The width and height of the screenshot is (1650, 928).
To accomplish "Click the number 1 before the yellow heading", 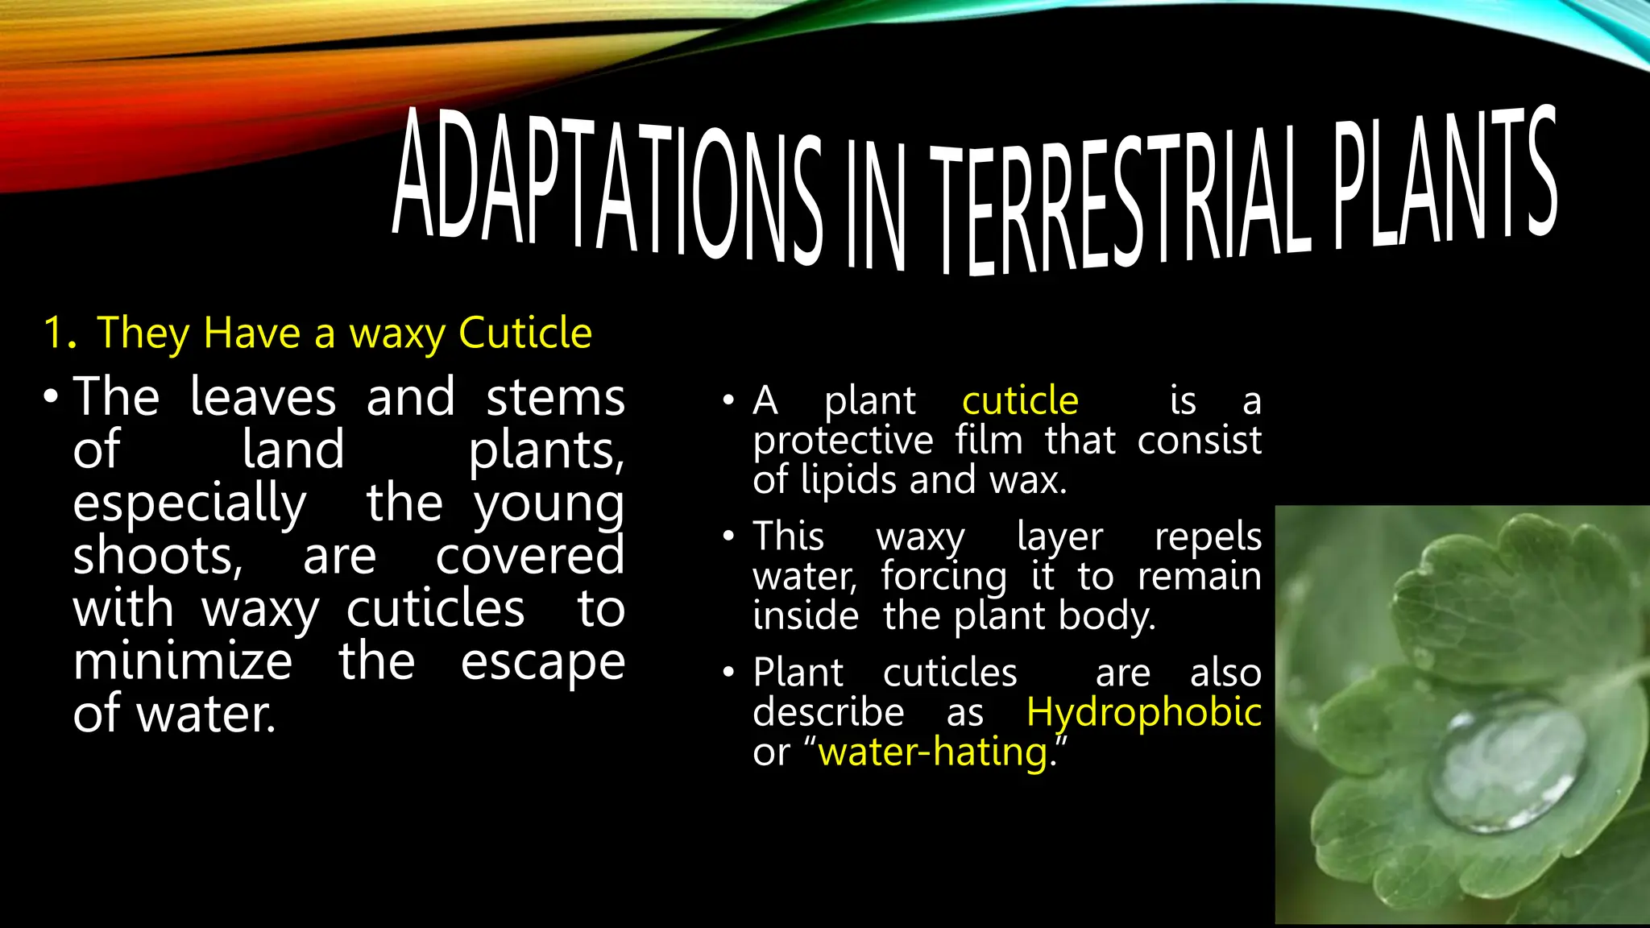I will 56,333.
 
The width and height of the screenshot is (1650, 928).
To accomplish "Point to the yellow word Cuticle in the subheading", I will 525,333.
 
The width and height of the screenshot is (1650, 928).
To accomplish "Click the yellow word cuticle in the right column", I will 1020,400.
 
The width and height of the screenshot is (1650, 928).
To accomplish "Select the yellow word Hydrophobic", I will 1143,712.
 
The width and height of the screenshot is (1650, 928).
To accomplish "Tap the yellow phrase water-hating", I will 933,752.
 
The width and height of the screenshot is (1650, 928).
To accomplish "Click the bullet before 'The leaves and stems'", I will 52,396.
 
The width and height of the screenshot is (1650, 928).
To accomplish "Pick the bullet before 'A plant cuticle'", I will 729,400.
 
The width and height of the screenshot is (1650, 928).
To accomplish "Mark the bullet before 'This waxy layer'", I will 729,536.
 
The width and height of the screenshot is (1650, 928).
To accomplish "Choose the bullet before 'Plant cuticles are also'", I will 729,673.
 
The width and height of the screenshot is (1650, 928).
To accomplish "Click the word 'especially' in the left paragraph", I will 189,503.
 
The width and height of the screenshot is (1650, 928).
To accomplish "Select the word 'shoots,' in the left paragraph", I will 158,556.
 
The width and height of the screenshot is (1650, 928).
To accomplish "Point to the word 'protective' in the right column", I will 843,441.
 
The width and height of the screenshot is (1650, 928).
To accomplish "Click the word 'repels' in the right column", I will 1208,536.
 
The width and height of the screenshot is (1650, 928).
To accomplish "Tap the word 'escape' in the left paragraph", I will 542,663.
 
